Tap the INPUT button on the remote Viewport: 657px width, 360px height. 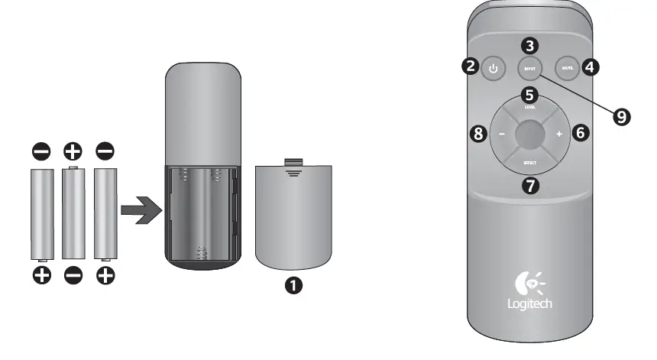[x=530, y=69]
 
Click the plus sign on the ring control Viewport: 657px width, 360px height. [x=559, y=135]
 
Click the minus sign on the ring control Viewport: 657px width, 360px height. [x=502, y=135]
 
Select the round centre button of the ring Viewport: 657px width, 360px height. [x=530, y=135]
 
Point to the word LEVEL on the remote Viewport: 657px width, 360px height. [x=530, y=108]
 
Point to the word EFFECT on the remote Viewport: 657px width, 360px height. [x=530, y=162]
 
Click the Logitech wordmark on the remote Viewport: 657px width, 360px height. [x=529, y=303]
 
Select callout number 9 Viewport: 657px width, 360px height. [x=622, y=116]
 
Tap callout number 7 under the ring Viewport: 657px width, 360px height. [x=530, y=184]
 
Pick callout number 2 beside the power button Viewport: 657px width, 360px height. [x=470, y=66]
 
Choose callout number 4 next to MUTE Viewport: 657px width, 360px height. [x=590, y=66]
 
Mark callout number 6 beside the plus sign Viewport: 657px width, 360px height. [x=581, y=134]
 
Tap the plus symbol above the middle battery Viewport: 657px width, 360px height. [x=73, y=151]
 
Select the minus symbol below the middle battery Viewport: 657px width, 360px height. [x=73, y=275]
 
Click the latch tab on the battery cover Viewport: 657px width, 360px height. [x=293, y=161]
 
